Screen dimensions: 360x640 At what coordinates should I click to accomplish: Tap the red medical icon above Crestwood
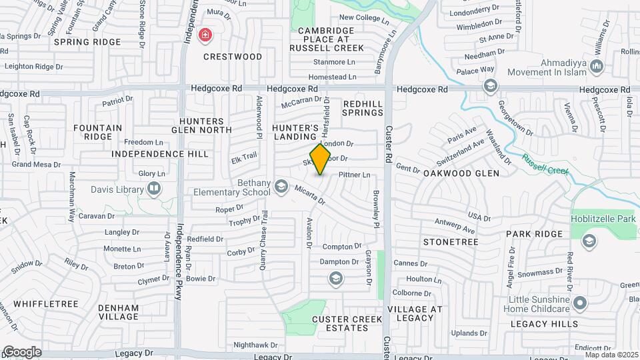pos(205,34)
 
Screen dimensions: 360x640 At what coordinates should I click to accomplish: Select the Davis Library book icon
pos(154,189)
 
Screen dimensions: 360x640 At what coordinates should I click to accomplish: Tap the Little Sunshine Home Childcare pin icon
pos(580,304)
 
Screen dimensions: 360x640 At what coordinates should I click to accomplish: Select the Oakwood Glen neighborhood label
pos(461,173)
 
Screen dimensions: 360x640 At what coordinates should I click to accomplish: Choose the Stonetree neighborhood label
pos(451,241)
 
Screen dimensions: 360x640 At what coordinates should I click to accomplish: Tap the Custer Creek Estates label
pos(347,324)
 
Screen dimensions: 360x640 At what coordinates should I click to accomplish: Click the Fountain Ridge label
pos(98,132)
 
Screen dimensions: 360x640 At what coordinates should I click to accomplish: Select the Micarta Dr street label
pos(309,194)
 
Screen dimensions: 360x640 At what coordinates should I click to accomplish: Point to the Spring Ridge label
pos(87,42)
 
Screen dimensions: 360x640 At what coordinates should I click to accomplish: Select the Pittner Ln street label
pos(354,175)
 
